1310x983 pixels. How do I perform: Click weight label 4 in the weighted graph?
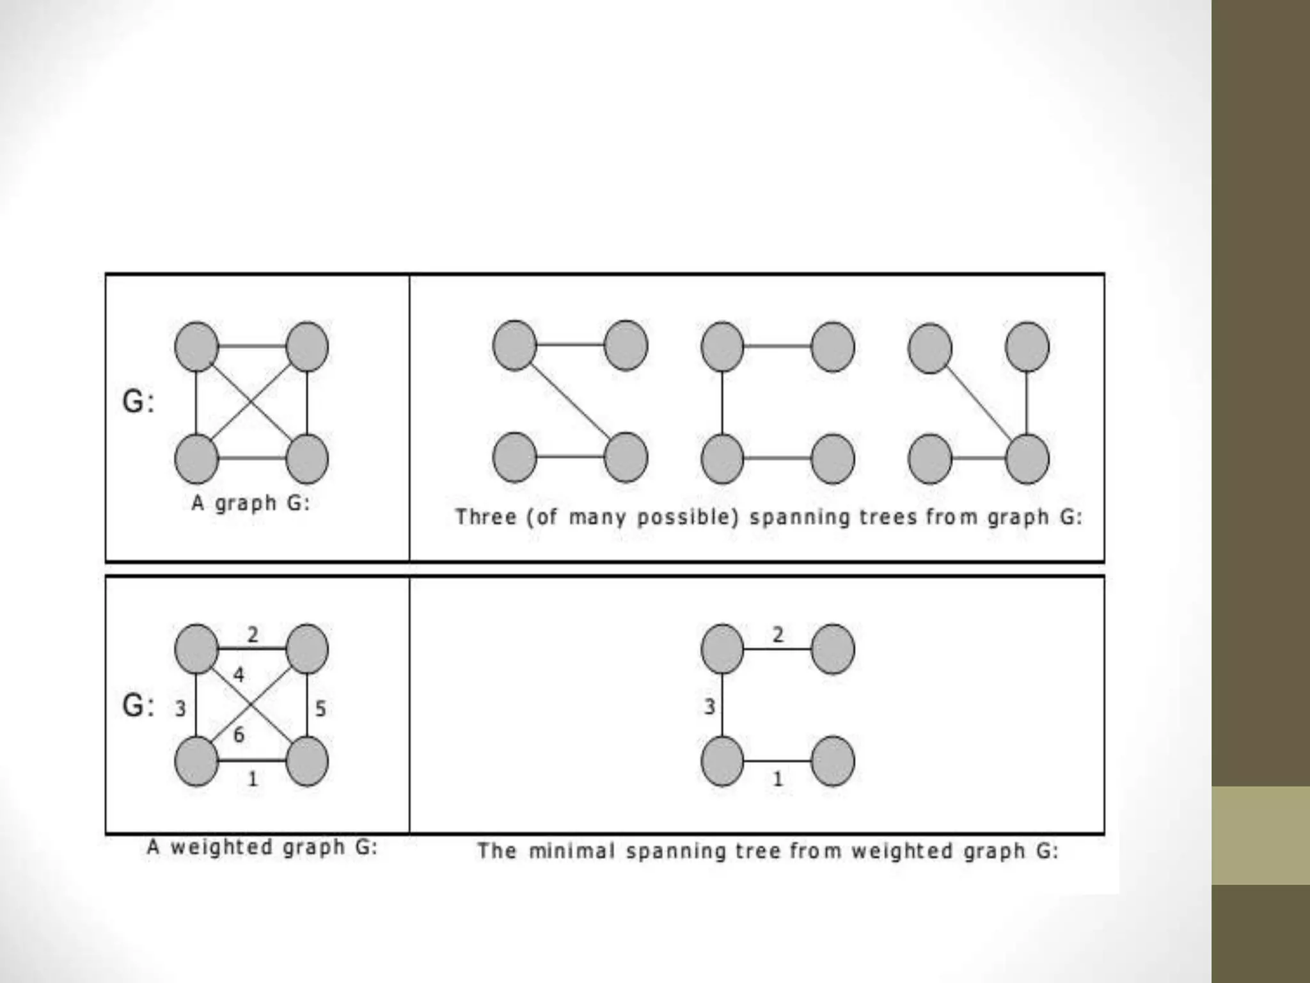pyautogui.click(x=239, y=675)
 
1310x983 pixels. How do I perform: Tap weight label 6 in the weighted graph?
pyautogui.click(x=239, y=735)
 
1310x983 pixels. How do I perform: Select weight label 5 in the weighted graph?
pyautogui.click(x=320, y=708)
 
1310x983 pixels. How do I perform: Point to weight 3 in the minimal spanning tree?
pyautogui.click(x=709, y=707)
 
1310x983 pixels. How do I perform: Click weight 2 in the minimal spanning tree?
pyautogui.click(x=778, y=634)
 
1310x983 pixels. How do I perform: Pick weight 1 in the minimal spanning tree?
pyautogui.click(x=778, y=779)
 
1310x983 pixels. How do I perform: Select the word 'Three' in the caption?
pyautogui.click(x=485, y=516)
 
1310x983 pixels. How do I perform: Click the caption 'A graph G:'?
pyautogui.click(x=251, y=503)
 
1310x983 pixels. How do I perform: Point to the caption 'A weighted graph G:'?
pyautogui.click(x=262, y=847)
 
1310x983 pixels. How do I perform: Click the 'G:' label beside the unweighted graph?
pyautogui.click(x=138, y=402)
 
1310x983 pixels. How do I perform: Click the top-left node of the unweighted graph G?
pyautogui.click(x=196, y=347)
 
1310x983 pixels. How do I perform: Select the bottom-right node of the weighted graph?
pyautogui.click(x=307, y=762)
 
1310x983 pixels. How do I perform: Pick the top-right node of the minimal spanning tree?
pyautogui.click(x=833, y=650)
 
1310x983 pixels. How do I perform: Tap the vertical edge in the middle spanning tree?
pyautogui.click(x=722, y=403)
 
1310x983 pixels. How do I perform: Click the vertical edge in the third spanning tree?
pyautogui.click(x=1027, y=403)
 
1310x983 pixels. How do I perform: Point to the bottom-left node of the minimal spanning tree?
pyautogui.click(x=722, y=762)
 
